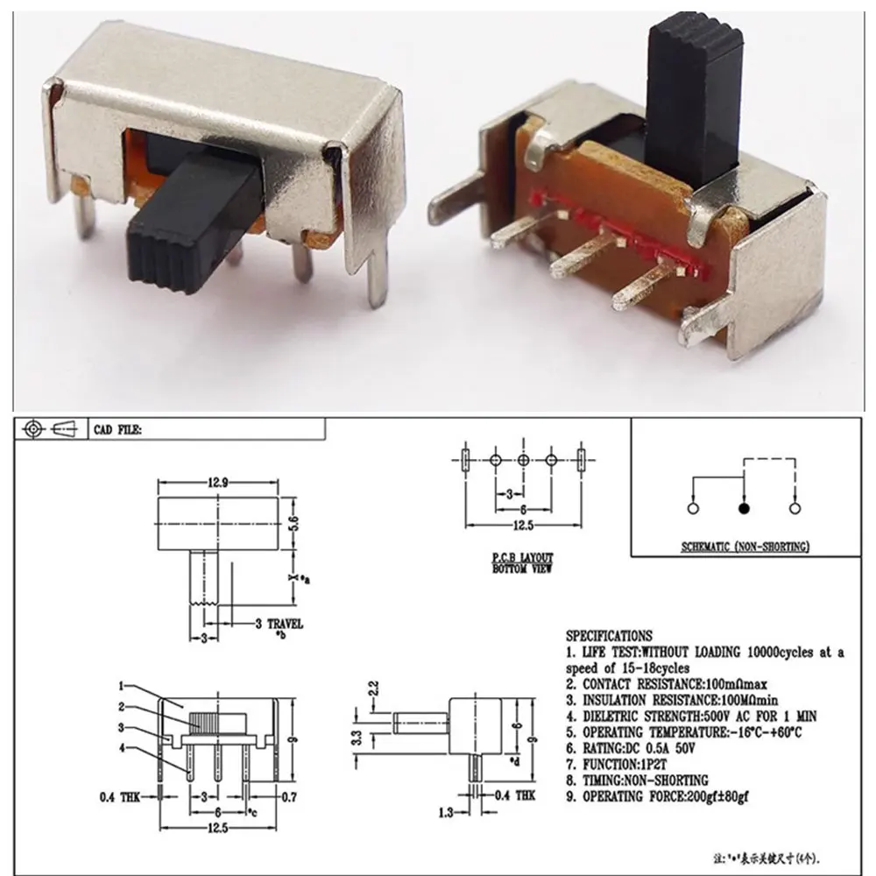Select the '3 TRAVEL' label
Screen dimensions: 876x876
pos(279,624)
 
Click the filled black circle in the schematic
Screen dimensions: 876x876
pos(744,507)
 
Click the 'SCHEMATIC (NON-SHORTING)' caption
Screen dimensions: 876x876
pos(745,547)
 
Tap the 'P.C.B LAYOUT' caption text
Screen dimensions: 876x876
pos(522,557)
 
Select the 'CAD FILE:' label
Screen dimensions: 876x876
pos(118,429)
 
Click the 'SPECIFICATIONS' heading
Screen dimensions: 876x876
pos(609,635)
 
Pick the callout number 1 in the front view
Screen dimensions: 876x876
pos(122,686)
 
